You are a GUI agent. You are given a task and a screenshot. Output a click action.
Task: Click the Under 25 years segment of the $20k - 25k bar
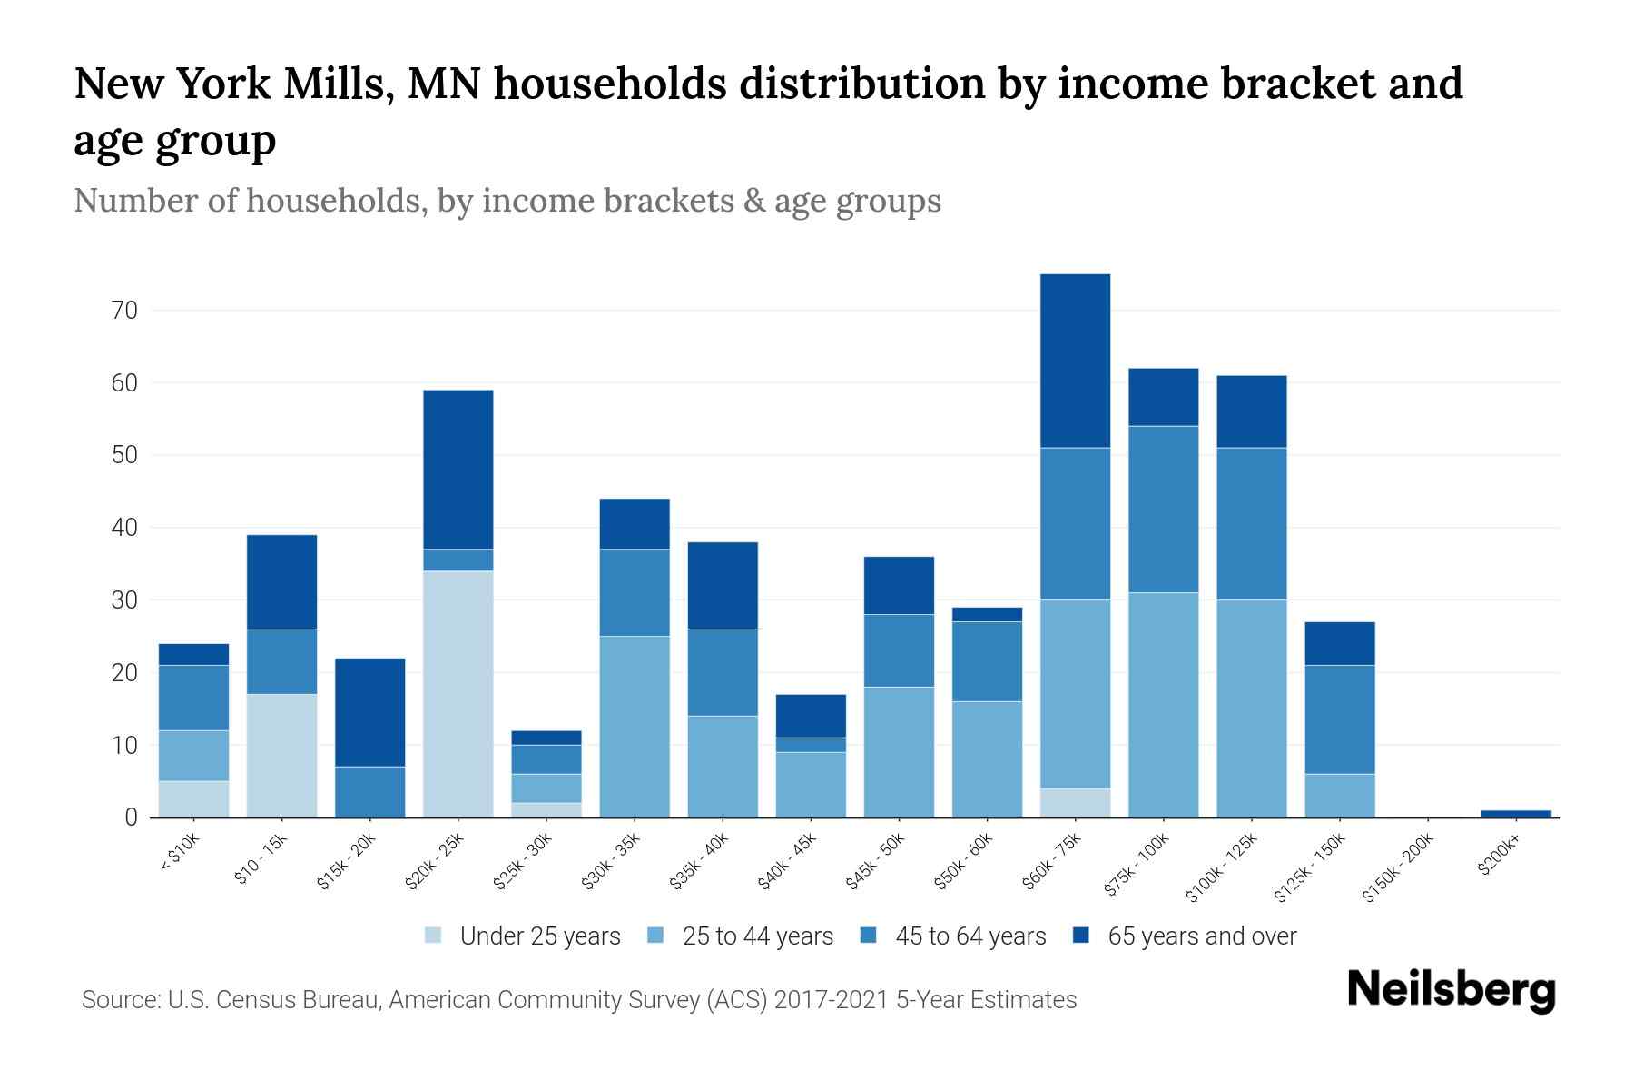click(458, 694)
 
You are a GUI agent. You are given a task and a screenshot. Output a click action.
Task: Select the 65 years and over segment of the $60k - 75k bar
click(1075, 361)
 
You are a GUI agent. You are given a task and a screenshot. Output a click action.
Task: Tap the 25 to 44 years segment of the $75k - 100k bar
click(1163, 705)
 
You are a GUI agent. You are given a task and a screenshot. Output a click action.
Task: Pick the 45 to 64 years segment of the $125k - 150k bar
click(1339, 719)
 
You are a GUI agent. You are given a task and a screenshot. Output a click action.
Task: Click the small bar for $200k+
click(1516, 813)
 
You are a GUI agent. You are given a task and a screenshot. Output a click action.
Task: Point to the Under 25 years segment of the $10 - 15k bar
click(282, 756)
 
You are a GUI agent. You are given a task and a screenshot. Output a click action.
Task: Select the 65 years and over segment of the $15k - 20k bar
click(370, 712)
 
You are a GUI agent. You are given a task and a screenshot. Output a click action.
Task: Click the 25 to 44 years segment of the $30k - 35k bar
click(635, 727)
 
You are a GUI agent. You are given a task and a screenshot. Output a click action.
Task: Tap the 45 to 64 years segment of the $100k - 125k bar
click(1251, 523)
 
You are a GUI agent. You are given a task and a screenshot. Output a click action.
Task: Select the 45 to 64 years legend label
click(970, 936)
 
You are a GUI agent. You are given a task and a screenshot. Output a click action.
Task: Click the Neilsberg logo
click(1451, 990)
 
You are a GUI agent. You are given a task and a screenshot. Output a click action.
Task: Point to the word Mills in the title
click(338, 84)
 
